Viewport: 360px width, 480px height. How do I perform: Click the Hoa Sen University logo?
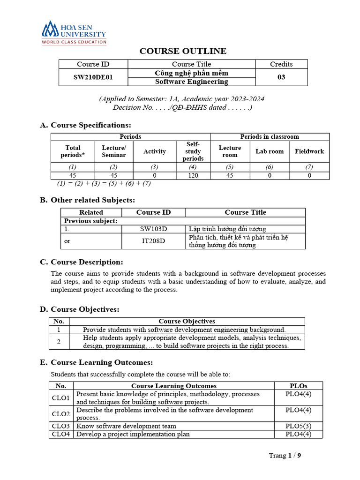[74, 32]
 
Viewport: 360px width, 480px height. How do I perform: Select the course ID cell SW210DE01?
[93, 77]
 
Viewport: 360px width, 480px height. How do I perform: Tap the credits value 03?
[281, 77]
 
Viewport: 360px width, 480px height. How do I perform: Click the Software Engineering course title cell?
[191, 82]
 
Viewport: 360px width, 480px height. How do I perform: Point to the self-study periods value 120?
[193, 175]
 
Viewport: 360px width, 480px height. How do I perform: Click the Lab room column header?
[270, 151]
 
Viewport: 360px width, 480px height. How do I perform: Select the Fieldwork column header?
[309, 151]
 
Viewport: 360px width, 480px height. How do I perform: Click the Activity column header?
[155, 151]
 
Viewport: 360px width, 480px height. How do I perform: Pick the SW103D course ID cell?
[153, 229]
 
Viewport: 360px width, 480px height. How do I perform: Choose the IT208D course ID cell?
[153, 241]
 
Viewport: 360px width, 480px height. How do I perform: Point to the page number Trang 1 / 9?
[285, 456]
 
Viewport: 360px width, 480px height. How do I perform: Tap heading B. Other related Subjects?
[88, 200]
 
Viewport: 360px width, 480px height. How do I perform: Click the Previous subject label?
[90, 221]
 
